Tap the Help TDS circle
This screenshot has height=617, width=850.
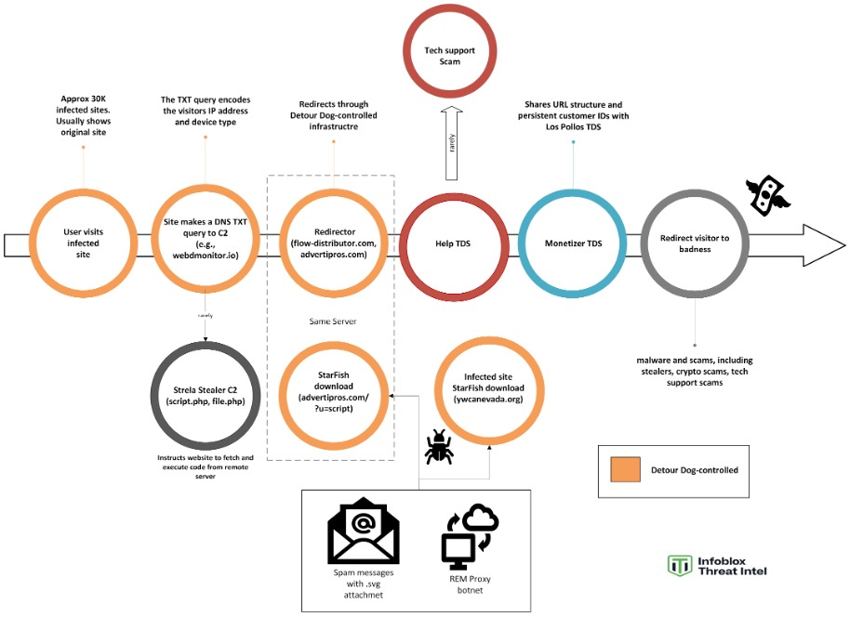coord(449,243)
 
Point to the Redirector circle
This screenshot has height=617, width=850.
coord(330,243)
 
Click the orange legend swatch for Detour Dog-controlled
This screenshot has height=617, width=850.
coord(623,470)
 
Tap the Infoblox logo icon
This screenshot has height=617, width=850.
coord(680,565)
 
